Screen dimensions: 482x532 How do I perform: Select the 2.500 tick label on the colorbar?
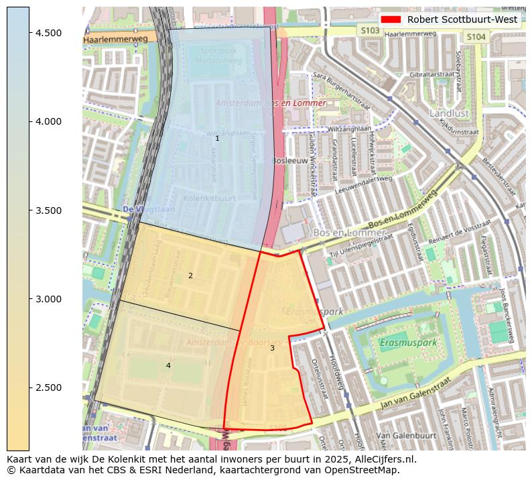point(48,387)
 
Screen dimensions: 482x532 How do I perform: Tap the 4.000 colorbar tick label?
point(48,121)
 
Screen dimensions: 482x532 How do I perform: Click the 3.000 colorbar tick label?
point(48,299)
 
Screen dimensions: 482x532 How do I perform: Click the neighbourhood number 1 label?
point(217,138)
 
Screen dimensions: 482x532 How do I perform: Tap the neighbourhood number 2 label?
point(190,276)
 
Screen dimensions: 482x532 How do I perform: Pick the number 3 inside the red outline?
point(272,348)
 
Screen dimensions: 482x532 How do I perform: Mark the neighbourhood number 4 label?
point(168,365)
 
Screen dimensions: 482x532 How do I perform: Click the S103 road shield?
point(369,30)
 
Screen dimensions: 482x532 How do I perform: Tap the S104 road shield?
point(475,37)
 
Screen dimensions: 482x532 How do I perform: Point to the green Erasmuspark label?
point(408,343)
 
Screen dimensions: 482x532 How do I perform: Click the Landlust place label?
point(449,113)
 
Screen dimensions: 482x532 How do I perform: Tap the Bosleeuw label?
point(289,161)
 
